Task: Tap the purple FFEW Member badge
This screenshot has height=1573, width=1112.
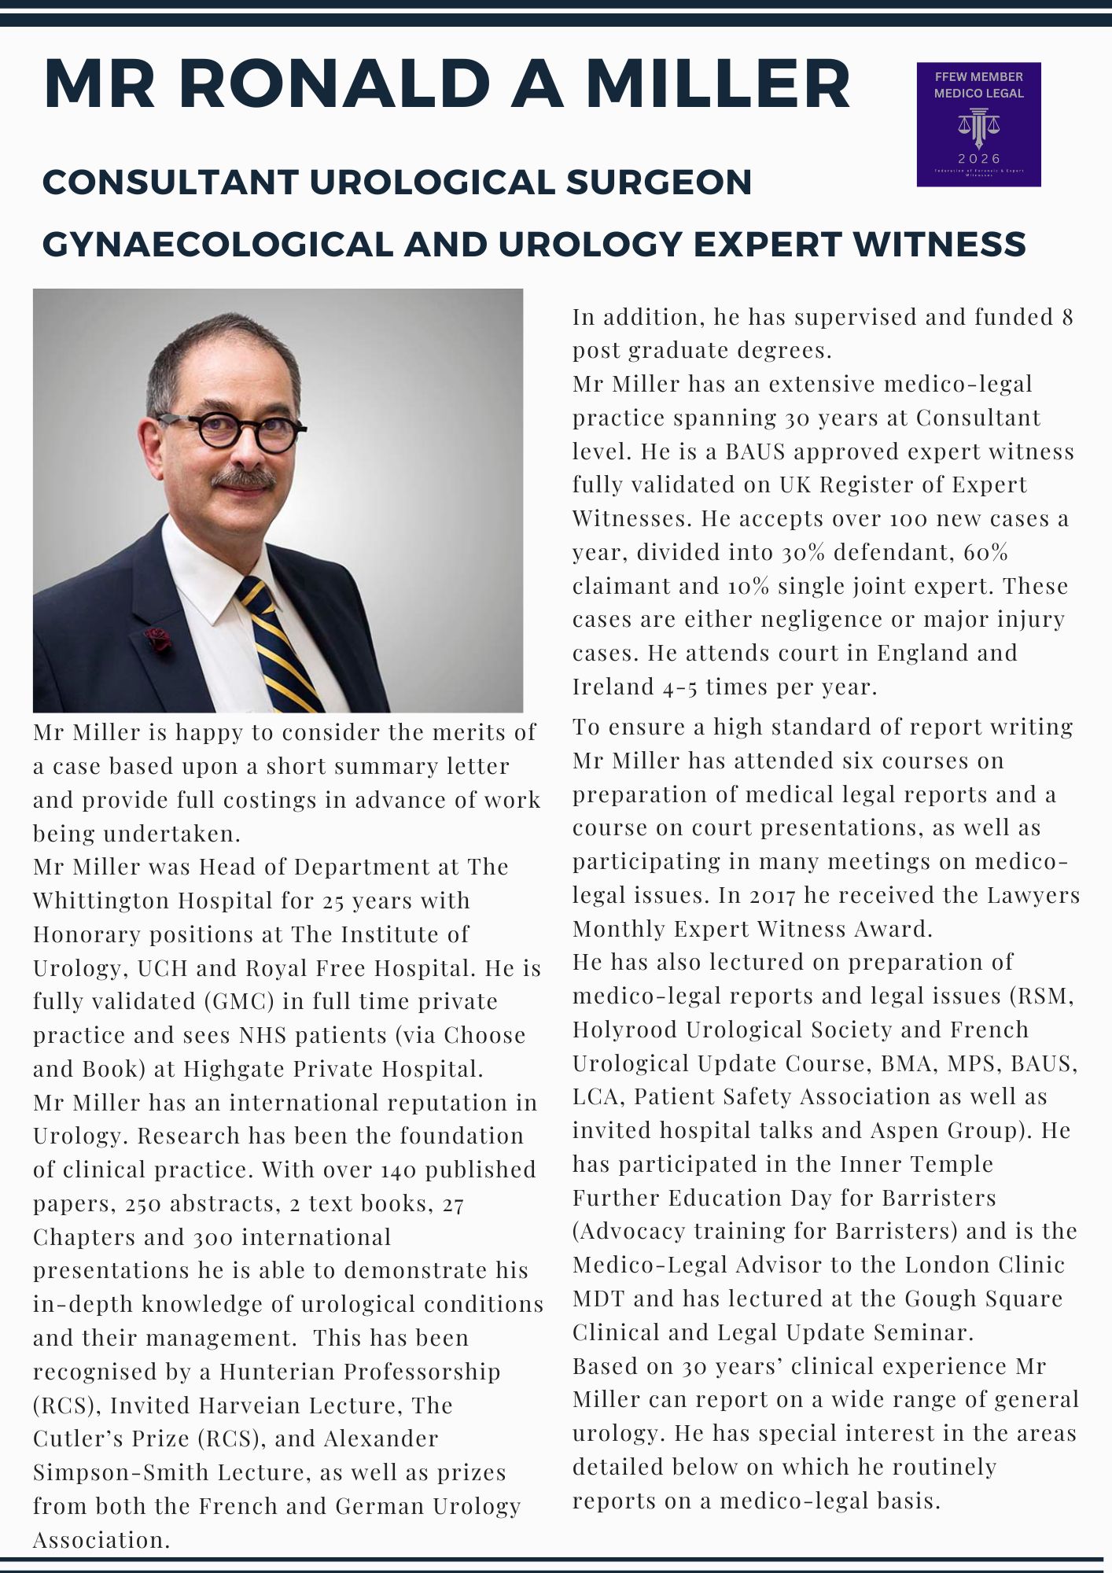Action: click(x=978, y=124)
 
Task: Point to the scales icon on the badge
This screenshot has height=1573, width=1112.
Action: click(x=978, y=126)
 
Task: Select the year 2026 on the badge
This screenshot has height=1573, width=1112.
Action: click(x=978, y=159)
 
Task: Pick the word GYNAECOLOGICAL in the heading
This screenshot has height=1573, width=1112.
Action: click(x=217, y=245)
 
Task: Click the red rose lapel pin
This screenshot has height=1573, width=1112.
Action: click(x=159, y=639)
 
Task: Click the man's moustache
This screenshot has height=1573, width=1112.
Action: click(x=244, y=477)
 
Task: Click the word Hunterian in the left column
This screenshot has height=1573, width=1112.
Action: click(x=277, y=1372)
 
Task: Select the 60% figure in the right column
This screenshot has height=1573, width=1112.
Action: click(x=985, y=552)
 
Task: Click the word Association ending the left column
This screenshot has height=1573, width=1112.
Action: click(x=101, y=1540)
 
